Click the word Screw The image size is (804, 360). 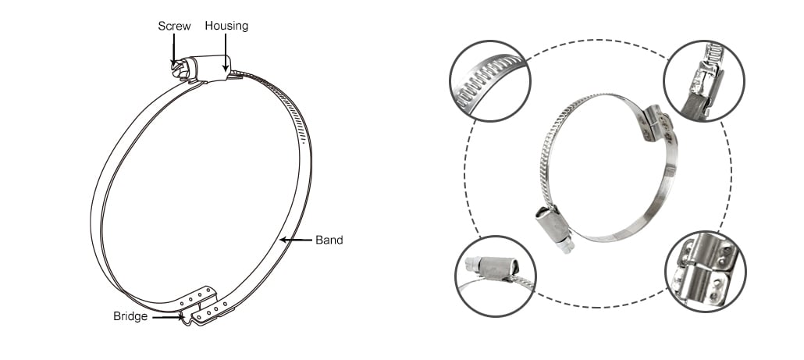point(174,26)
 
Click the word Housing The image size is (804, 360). point(226,26)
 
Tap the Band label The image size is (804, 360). point(329,240)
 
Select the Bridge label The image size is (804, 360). point(130,316)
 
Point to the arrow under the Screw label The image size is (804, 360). point(174,49)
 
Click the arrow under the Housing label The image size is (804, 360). point(225,52)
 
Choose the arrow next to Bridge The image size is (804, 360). point(168,317)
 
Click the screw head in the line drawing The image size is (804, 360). point(180,70)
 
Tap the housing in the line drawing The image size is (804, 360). point(211,68)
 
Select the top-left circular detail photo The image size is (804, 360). point(490,81)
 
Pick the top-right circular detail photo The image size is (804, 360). point(703,81)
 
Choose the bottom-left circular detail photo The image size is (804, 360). point(496,276)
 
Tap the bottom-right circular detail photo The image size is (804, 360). point(706,271)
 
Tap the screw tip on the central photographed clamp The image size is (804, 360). point(566,248)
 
